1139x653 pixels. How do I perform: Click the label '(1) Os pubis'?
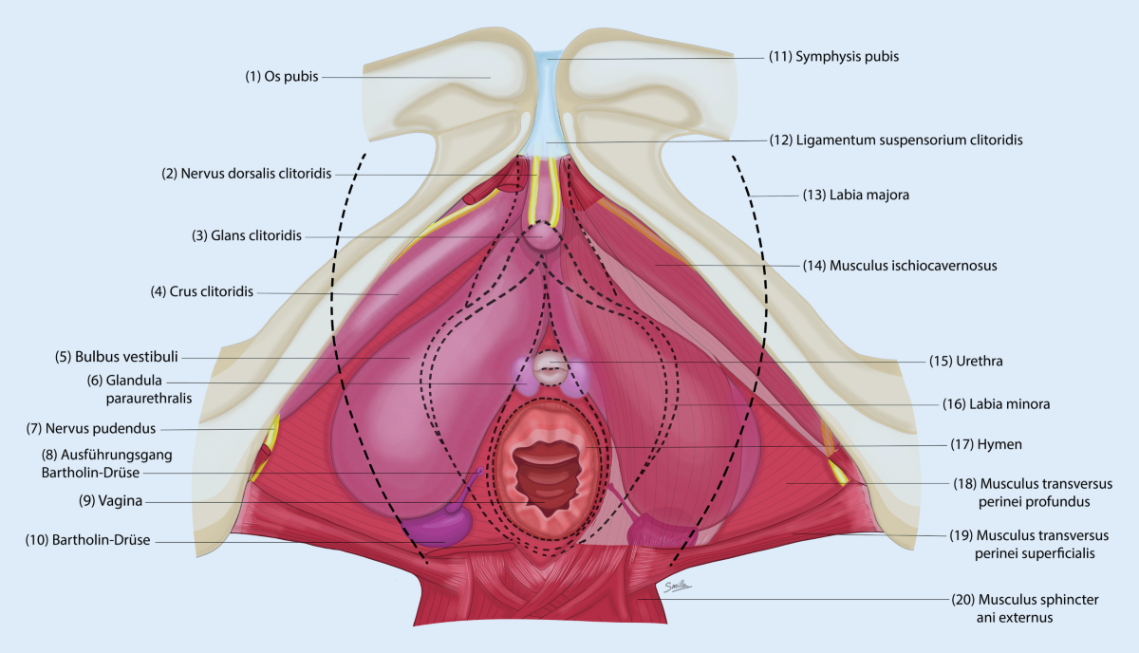click(282, 77)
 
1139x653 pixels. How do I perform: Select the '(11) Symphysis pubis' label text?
click(834, 56)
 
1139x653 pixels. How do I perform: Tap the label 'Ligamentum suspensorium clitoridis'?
click(909, 140)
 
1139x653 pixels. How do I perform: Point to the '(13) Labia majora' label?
click(856, 195)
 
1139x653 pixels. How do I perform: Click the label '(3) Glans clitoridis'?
click(247, 235)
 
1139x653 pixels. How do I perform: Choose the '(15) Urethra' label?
click(966, 361)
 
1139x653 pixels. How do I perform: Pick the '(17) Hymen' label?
click(986, 444)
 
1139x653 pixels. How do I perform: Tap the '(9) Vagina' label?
click(110, 501)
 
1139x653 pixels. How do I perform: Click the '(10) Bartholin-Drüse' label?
click(88, 540)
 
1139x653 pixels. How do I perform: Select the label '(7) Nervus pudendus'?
click(91, 429)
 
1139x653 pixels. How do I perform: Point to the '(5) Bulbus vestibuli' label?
click(117, 357)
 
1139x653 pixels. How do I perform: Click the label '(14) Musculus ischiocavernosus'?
click(900, 266)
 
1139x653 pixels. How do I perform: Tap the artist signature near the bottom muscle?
click(678, 587)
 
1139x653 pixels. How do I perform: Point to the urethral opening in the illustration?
click(550, 368)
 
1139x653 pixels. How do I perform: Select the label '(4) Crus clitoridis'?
click(202, 291)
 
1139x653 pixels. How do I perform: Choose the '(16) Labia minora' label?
click(996, 404)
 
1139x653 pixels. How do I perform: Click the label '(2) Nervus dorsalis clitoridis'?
click(247, 174)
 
